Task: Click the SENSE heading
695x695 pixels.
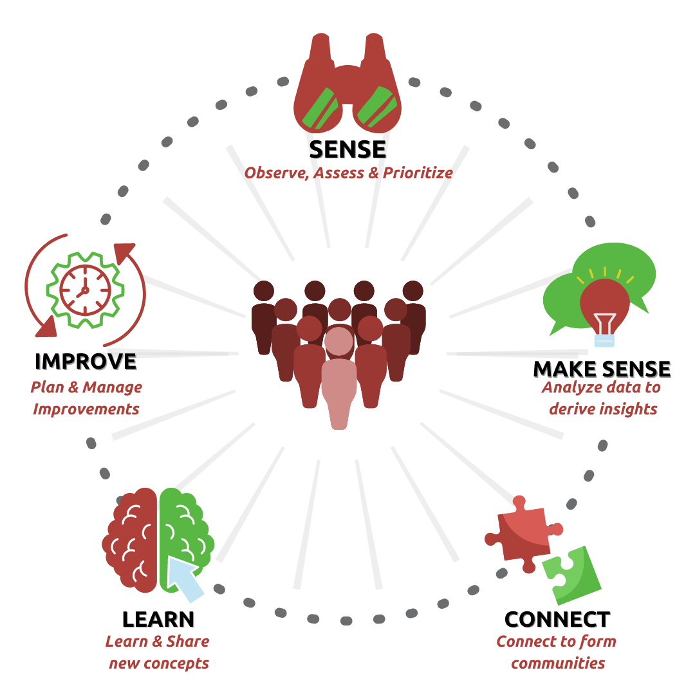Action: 347,149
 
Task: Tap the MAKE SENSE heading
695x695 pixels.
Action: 602,369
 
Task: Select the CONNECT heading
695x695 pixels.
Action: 557,619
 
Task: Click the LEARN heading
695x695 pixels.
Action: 158,619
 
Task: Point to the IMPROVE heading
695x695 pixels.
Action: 86,361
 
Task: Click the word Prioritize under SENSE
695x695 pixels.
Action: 418,173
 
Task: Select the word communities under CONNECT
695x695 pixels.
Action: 558,663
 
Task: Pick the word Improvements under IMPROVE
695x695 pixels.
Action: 86,409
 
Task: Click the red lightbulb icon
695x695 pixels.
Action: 604,302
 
